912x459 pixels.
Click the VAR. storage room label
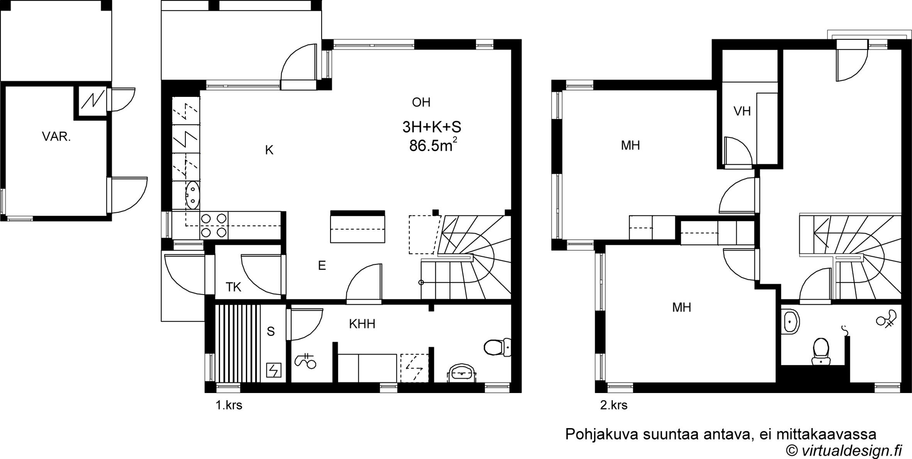tap(56, 136)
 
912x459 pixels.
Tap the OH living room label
tap(421, 102)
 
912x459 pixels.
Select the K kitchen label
tap(269, 150)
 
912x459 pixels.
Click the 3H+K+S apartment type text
tap(432, 127)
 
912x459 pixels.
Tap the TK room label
tap(233, 287)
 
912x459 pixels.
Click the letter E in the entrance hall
tap(322, 266)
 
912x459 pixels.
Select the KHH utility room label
tap(362, 324)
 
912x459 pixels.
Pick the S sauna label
tap(271, 331)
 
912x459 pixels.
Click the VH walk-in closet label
tap(742, 112)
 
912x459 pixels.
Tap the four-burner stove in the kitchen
tap(214, 225)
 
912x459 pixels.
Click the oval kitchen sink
tap(192, 195)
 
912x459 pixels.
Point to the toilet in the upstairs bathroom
tap(821, 351)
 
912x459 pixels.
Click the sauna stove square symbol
tap(273, 371)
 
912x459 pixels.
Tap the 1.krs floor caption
tap(229, 406)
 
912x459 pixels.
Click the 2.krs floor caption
tap(614, 406)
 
